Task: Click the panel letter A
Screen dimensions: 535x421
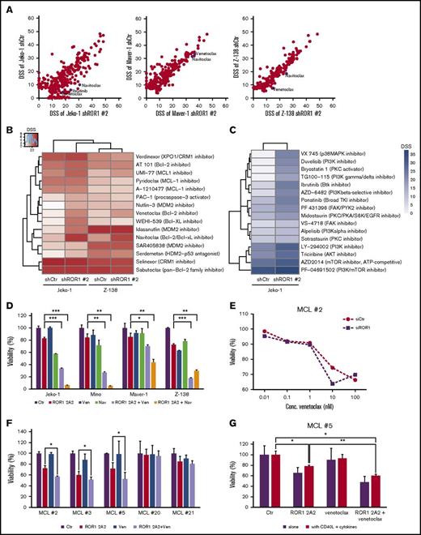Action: (6, 6)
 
